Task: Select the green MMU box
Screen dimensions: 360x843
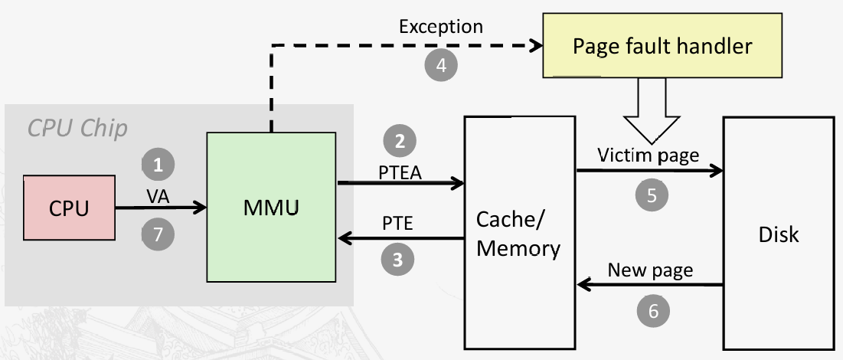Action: click(x=271, y=207)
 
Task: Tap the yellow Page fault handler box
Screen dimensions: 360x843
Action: click(x=662, y=46)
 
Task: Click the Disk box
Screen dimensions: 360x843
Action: click(x=778, y=234)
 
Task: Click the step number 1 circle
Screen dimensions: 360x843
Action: click(x=158, y=164)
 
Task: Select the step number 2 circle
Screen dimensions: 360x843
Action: click(x=400, y=141)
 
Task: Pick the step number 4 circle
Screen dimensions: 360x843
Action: click(x=441, y=66)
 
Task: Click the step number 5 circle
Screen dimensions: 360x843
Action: click(x=652, y=195)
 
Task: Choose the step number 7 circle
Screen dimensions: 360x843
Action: click(x=158, y=234)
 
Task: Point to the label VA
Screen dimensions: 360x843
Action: click(x=158, y=196)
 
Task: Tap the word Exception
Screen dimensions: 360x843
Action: click(x=441, y=27)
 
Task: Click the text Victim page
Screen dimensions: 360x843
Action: click(x=650, y=155)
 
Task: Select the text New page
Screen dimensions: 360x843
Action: click(x=650, y=270)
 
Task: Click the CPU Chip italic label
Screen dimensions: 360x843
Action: click(x=77, y=128)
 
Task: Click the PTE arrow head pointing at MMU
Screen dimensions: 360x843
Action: click(x=345, y=240)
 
